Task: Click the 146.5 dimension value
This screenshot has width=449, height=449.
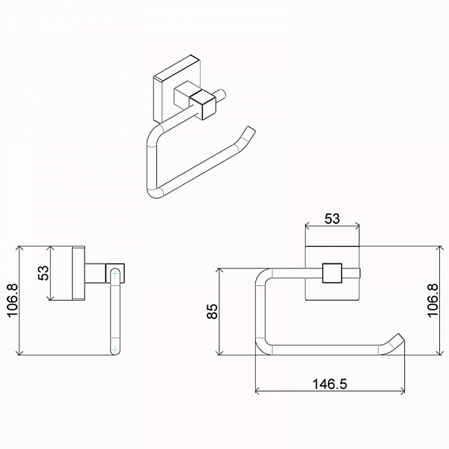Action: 329,384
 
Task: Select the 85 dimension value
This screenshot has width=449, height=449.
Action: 213,311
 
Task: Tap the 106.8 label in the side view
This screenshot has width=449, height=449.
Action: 13,300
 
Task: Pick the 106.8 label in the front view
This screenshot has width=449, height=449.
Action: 433,300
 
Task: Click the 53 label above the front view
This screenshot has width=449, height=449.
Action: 332,219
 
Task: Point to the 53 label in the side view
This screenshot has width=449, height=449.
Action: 43,273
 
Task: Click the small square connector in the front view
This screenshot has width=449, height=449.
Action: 332,273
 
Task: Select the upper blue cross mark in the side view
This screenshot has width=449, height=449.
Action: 114,275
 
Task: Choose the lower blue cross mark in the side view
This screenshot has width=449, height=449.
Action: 114,349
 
